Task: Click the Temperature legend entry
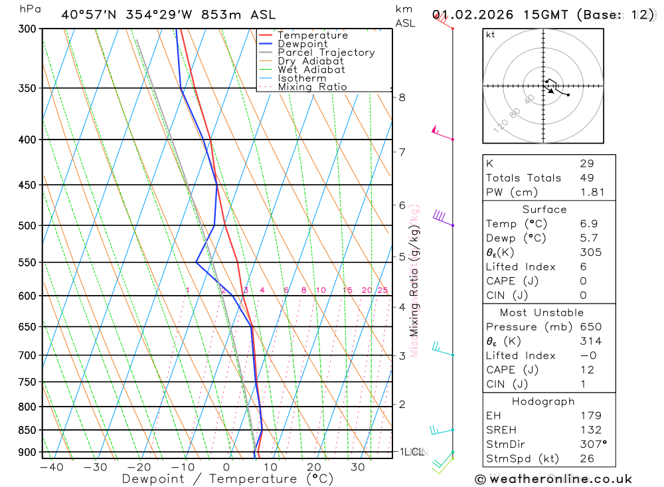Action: [x=312, y=35]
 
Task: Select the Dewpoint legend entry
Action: [x=302, y=44]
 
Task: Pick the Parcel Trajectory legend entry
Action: [x=325, y=52]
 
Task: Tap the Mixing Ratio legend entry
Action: [x=312, y=87]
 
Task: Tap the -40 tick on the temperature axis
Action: [x=51, y=467]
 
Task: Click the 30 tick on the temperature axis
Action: [x=358, y=467]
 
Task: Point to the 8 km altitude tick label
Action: [x=402, y=98]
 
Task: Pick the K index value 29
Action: [x=587, y=163]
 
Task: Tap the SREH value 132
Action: [x=590, y=431]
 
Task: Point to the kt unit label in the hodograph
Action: [x=491, y=35]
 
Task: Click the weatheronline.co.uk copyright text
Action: [x=554, y=479]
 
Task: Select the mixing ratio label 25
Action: [x=382, y=290]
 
